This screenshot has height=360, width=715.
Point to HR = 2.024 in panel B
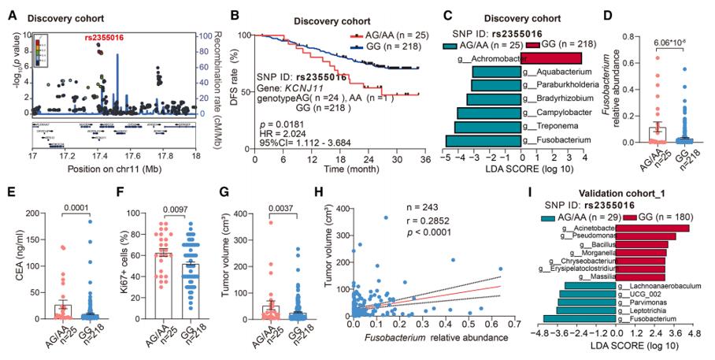283,133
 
